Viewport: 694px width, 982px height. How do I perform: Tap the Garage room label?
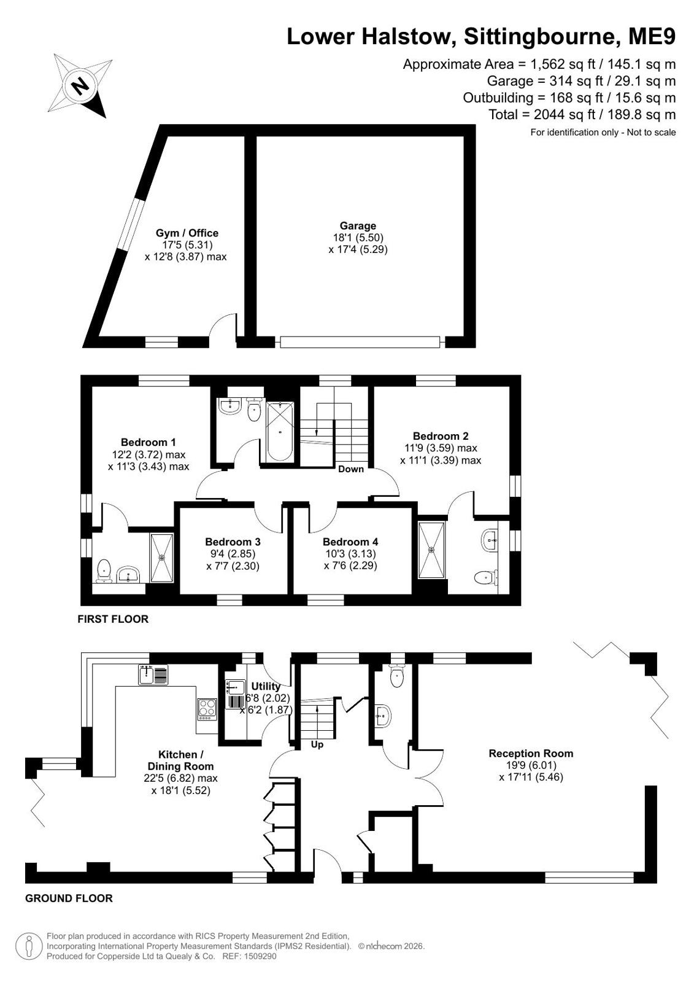click(x=358, y=226)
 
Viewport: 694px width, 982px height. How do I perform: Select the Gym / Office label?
click(x=187, y=233)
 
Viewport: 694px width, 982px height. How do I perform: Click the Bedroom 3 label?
click(x=233, y=542)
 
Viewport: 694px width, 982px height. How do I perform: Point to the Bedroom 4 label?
click(x=350, y=542)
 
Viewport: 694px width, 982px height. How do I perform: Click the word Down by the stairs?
click(x=350, y=469)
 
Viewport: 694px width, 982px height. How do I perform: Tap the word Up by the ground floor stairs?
click(x=317, y=744)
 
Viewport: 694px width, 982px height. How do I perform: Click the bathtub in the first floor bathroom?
click(x=280, y=432)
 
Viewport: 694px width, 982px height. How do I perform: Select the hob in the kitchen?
click(x=207, y=709)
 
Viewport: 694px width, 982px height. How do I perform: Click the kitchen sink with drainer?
click(x=153, y=675)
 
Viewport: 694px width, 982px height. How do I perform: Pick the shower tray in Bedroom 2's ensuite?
click(x=431, y=550)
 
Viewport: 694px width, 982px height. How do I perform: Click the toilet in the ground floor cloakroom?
click(x=396, y=676)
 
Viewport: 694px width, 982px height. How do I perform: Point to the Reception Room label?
click(x=531, y=753)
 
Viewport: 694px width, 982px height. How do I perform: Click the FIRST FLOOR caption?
click(x=113, y=619)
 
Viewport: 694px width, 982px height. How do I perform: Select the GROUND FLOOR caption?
click(x=69, y=898)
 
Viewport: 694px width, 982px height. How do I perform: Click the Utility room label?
click(x=266, y=686)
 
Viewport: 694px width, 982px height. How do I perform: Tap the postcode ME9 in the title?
click(x=652, y=36)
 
